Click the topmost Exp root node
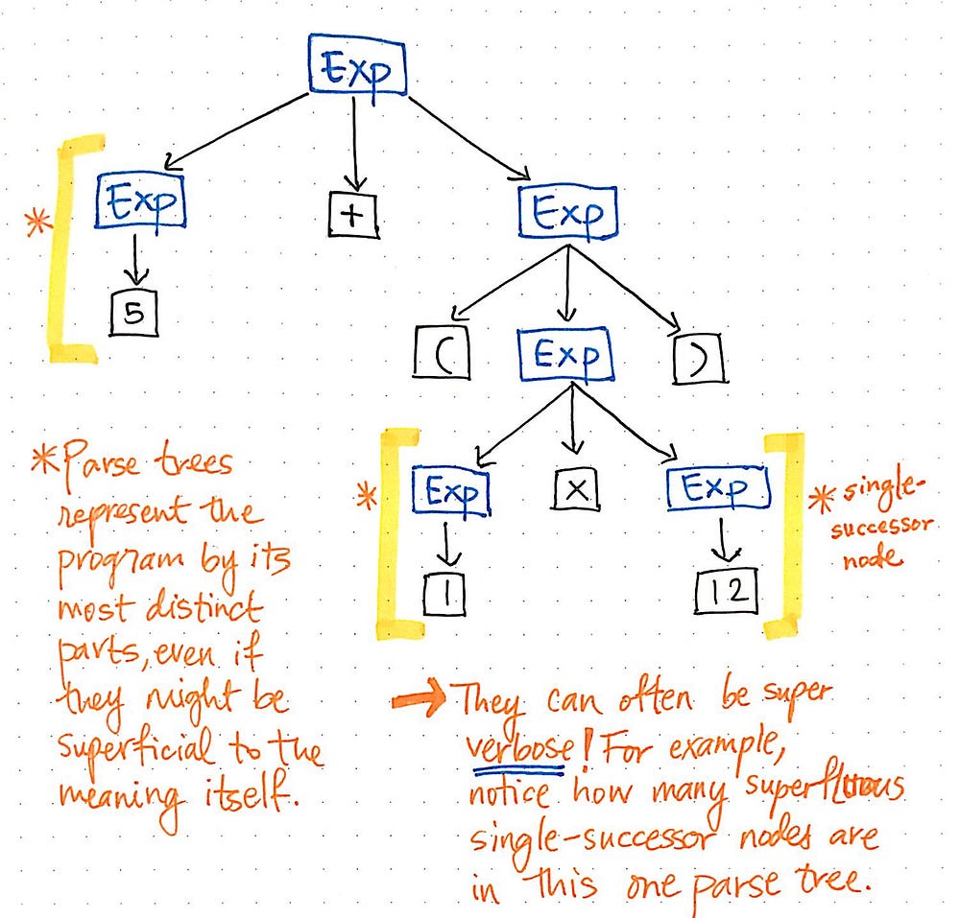point(357,66)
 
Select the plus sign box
point(353,214)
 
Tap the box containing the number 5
point(132,313)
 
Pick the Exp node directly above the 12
point(718,488)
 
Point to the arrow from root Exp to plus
point(355,144)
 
